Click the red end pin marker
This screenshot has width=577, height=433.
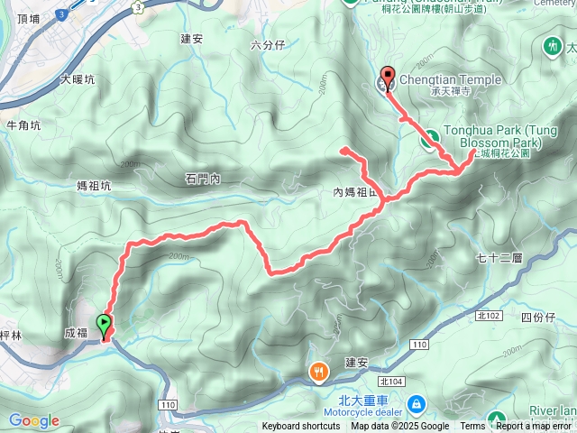point(389,78)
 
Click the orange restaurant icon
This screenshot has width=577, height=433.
point(319,372)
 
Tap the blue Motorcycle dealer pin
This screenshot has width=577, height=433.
point(416,402)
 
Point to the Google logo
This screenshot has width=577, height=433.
point(34,420)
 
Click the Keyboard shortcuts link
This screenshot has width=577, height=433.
point(301,427)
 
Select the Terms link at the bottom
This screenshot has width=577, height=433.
point(472,427)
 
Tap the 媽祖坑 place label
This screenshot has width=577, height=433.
point(94,187)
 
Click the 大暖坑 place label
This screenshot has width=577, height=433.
point(77,79)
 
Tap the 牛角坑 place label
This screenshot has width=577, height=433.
point(23,125)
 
